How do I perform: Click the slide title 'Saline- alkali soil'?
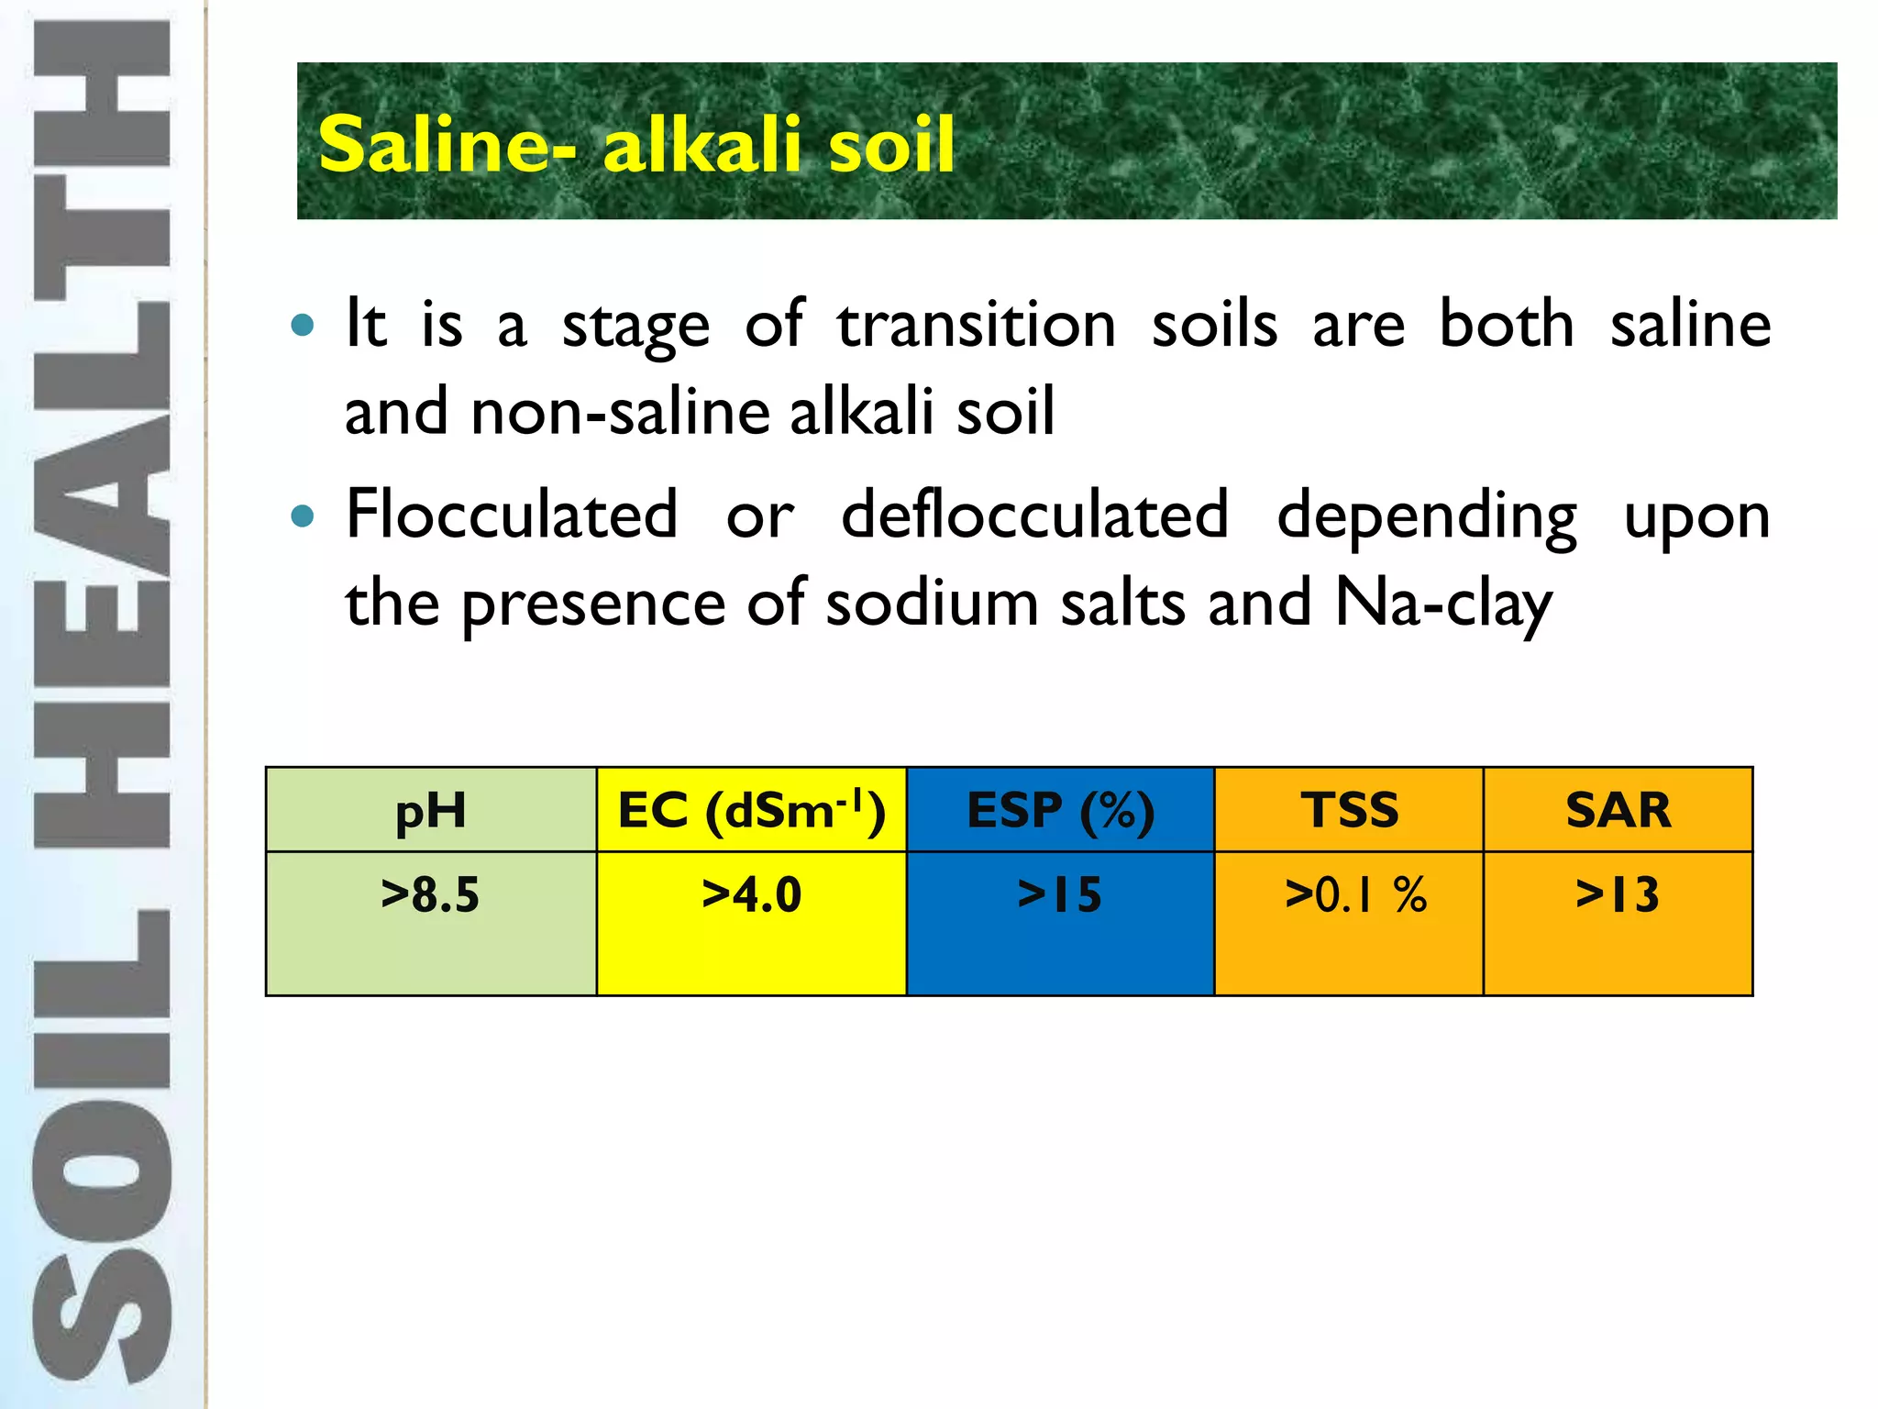point(636,145)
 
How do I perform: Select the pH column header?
point(430,811)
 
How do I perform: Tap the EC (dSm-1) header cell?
point(751,811)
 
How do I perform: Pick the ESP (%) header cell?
point(1060,811)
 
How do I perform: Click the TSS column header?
point(1349,811)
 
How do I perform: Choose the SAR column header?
point(1618,811)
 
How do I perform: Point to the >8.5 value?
point(430,895)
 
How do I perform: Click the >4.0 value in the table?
point(751,895)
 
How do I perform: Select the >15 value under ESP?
point(1060,895)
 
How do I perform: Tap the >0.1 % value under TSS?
point(1355,895)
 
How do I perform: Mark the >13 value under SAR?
point(1618,895)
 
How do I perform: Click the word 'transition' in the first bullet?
point(976,325)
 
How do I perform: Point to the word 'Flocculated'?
point(512,516)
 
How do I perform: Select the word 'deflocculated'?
point(1034,516)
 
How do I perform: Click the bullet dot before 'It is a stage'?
point(302,325)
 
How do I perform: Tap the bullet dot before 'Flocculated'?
point(302,516)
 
